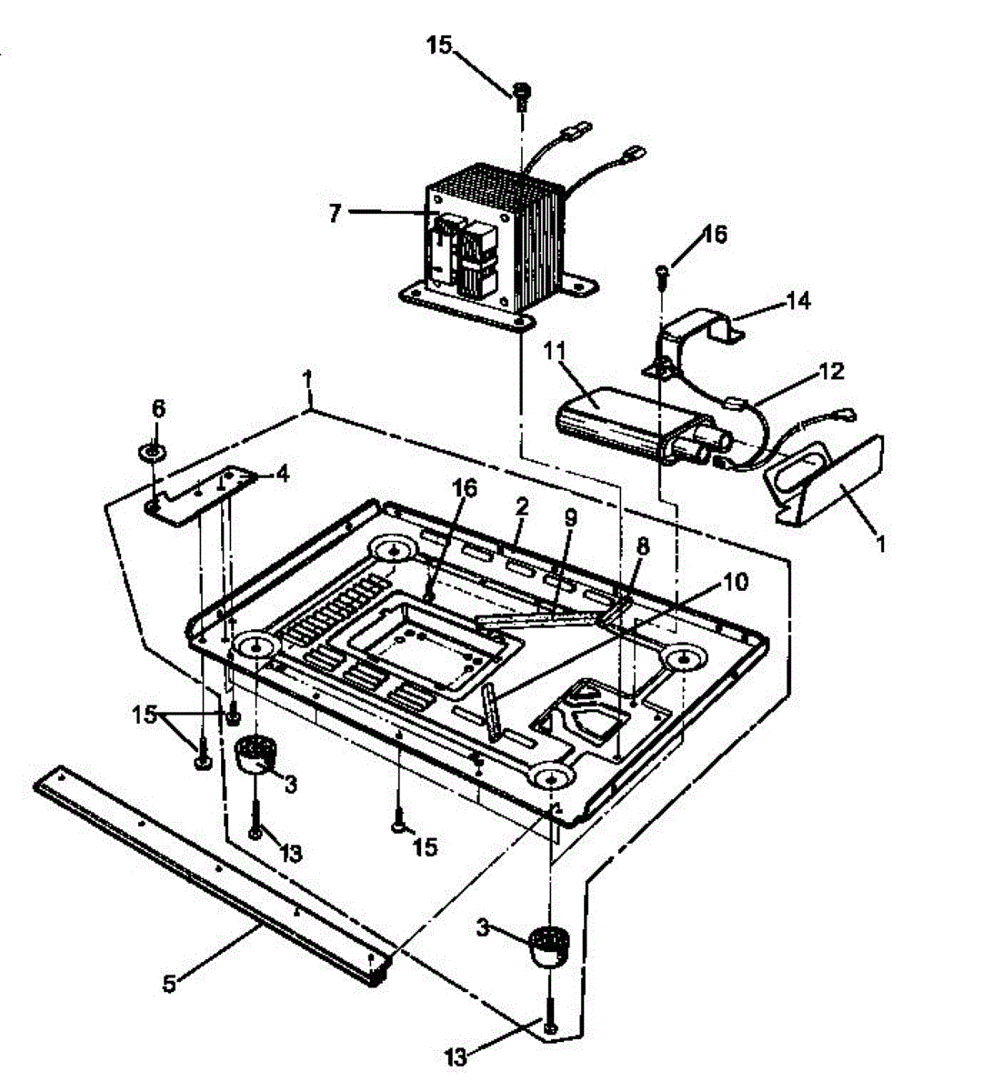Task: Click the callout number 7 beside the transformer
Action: (x=335, y=213)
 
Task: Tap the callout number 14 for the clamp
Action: (x=798, y=300)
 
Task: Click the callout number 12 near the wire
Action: (x=831, y=371)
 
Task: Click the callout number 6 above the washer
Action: (x=158, y=409)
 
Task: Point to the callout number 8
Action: (x=643, y=547)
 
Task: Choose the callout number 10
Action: (x=736, y=581)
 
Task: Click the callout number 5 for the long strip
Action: (x=168, y=982)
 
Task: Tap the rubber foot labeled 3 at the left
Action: (x=254, y=753)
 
